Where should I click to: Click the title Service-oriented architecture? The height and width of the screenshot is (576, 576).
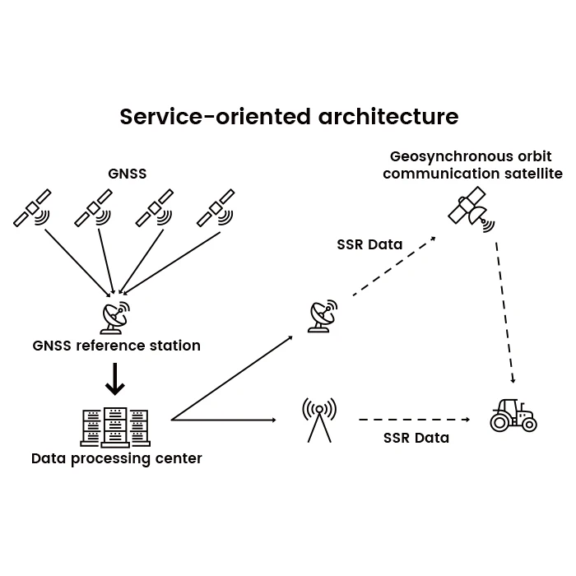pyautogui.click(x=289, y=117)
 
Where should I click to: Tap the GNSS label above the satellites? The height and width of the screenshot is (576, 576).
pyautogui.click(x=127, y=174)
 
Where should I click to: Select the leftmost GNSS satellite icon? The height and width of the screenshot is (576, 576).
pyautogui.click(x=32, y=208)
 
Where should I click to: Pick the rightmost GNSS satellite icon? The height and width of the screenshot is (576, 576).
pyautogui.click(x=216, y=208)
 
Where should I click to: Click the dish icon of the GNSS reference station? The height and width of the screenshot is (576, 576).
pyautogui.click(x=115, y=318)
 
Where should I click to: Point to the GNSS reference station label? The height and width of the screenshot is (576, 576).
pyautogui.click(x=117, y=346)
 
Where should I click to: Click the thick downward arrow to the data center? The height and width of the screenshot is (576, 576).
pyautogui.click(x=115, y=379)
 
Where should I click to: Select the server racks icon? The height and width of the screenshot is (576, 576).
pyautogui.click(x=115, y=428)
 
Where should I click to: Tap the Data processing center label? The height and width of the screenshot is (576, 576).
pyautogui.click(x=117, y=459)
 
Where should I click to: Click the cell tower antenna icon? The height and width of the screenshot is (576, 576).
pyautogui.click(x=319, y=420)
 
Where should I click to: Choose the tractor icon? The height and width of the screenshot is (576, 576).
pyautogui.click(x=513, y=415)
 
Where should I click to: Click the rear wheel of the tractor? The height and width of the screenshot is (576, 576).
pyautogui.click(x=500, y=422)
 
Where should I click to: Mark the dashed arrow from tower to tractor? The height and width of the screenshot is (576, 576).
pyautogui.click(x=415, y=420)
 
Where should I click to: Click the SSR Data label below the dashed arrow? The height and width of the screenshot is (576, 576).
pyautogui.click(x=416, y=439)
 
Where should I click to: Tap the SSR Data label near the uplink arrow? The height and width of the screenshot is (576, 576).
pyautogui.click(x=369, y=244)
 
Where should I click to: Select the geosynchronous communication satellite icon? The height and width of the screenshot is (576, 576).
pyautogui.click(x=471, y=210)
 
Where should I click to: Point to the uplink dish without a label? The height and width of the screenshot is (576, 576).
pyautogui.click(x=323, y=316)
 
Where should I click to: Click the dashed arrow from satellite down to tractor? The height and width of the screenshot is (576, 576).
pyautogui.click(x=505, y=313)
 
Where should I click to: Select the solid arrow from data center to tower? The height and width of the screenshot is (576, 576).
pyautogui.click(x=223, y=420)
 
